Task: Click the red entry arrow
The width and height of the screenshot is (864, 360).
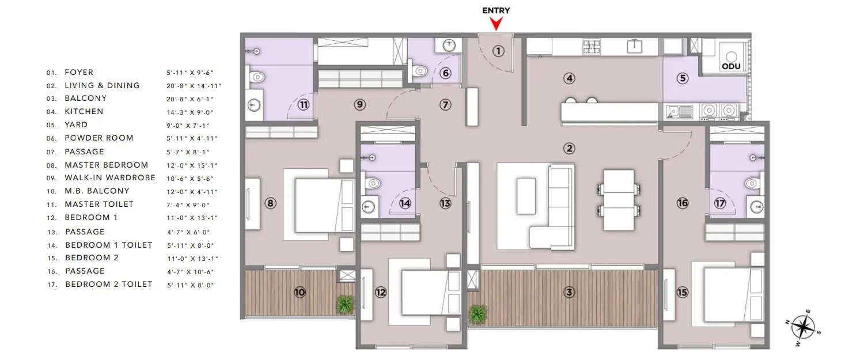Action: pos(496,23)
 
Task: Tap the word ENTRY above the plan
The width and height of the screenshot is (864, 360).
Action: pos(496,10)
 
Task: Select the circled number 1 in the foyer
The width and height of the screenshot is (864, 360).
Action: pos(498,51)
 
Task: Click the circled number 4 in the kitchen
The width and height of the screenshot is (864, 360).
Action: pos(570,78)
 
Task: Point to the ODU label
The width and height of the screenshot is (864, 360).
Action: pos(731,66)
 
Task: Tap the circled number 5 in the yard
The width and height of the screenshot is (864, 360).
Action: pos(683,78)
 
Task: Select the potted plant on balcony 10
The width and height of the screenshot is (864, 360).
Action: pos(345,304)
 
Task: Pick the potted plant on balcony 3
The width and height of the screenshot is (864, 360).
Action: pos(478,314)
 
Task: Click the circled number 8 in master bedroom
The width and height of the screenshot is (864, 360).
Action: pos(270,203)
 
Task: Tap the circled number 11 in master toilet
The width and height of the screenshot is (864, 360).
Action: pos(304,105)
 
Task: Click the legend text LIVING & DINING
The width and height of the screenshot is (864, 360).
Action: pos(102,85)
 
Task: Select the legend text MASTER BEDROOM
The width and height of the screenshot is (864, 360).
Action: pos(107,165)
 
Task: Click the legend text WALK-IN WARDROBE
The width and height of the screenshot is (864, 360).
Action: pos(110,178)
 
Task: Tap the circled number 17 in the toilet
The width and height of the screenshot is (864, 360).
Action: pos(720,203)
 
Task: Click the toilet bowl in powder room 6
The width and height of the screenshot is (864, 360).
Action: pos(420,71)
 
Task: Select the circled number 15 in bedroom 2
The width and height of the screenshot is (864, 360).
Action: pos(683,293)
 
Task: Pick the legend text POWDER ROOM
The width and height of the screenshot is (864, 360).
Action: pos(99,138)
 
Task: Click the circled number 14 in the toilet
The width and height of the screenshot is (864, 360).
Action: pos(405,203)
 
